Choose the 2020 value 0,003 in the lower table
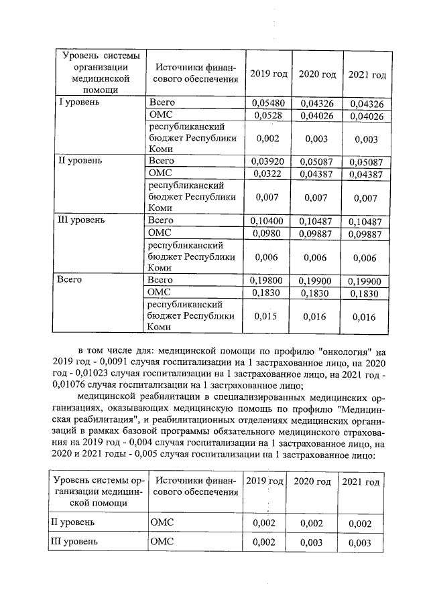point(312,542)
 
